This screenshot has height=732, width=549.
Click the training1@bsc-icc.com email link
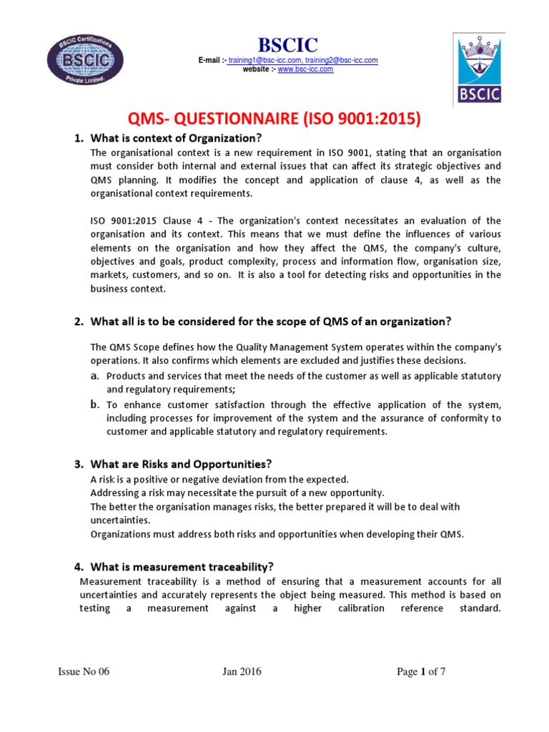(x=259, y=61)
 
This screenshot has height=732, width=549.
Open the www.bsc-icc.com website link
(x=305, y=69)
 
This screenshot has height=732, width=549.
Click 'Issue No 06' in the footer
(x=84, y=671)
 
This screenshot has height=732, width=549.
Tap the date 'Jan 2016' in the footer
(x=242, y=671)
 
